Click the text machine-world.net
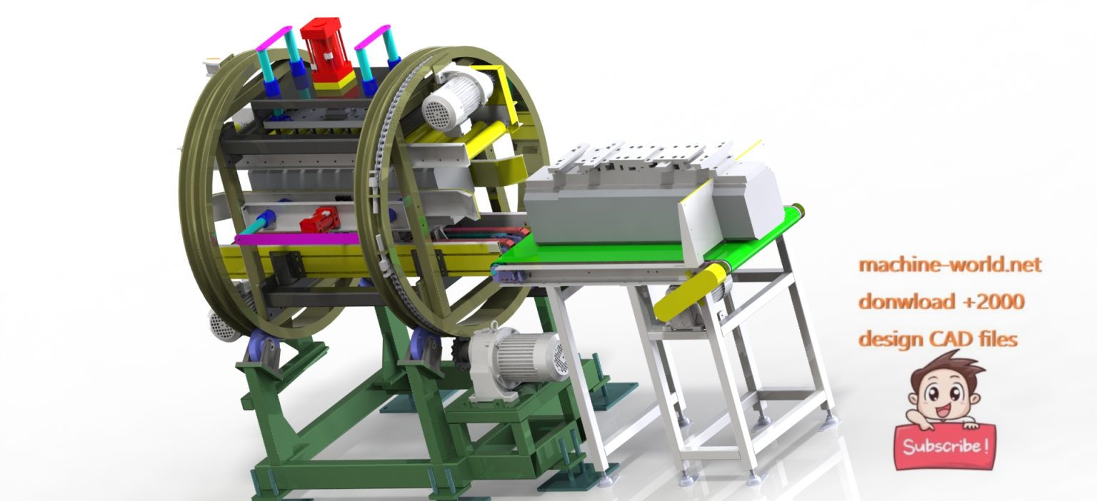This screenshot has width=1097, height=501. point(949,265)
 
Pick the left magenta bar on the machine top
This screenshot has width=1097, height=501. point(275,37)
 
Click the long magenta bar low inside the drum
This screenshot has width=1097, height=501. point(296,239)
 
